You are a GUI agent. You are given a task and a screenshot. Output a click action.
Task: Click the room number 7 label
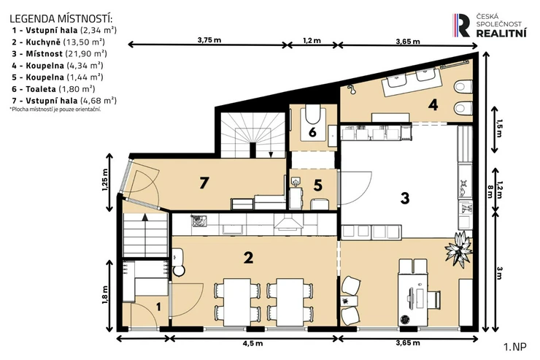pos(204,183)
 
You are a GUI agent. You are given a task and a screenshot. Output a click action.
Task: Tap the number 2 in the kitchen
pos(248,257)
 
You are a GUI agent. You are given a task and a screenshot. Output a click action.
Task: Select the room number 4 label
pos(433,104)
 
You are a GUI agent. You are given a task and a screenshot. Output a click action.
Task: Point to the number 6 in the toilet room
pos(312,132)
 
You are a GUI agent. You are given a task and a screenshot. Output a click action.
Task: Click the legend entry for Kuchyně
pos(58,42)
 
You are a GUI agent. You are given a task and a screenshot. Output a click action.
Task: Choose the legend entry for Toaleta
pos(53,89)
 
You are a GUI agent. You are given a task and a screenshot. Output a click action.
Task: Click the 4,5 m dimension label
pos(252,343)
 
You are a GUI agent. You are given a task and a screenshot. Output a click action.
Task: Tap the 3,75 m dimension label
pos(209,40)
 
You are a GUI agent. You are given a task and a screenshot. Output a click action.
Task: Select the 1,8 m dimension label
pos(104,295)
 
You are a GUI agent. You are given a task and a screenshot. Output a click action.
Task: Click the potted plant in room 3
pos(458,248)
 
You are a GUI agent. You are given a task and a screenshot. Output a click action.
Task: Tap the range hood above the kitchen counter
pos(288,223)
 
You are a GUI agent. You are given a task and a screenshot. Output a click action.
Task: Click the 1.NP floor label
pos(515,347)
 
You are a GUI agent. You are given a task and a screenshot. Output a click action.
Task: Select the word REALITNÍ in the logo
pos(501,33)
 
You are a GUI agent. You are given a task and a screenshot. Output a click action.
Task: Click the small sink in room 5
pos(296,181)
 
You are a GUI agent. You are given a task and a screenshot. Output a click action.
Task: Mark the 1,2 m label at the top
pos(312,41)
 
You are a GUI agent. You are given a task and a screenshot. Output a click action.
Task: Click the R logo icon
pos(461,25)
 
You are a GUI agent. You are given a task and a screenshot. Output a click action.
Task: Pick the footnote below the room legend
pos(55,110)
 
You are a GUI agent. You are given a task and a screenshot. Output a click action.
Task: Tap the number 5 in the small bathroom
pos(318,185)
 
